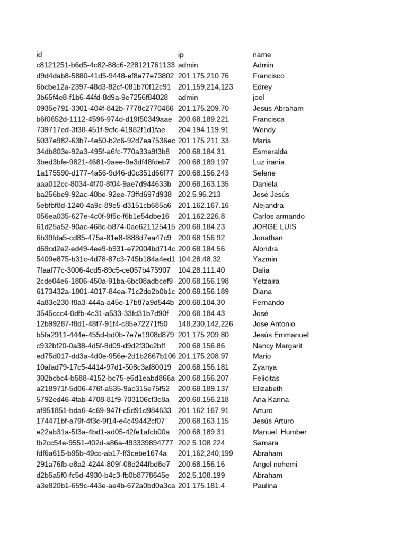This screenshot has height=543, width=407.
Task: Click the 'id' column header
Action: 39,55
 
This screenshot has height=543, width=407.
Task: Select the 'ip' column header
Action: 181,55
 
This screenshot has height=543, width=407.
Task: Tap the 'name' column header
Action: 262,55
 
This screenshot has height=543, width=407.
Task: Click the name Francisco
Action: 269,76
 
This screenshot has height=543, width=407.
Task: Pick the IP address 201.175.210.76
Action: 203,76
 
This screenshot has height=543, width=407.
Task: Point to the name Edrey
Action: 262,87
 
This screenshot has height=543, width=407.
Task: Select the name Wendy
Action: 264,130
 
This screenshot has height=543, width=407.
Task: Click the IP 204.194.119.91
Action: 203,130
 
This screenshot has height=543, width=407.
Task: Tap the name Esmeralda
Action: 270,152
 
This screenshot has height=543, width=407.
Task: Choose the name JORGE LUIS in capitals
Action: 275,227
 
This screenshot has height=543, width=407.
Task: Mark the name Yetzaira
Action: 266,281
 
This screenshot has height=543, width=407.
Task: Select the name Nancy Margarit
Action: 278,346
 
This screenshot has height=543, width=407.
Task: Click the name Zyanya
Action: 265,367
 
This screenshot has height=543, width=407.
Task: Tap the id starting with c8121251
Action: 105,65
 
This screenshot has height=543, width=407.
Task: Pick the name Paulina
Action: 265,486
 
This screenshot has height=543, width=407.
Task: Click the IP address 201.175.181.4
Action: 201,486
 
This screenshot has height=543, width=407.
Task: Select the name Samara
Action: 266,443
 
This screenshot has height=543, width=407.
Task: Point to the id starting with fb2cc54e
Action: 104,443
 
